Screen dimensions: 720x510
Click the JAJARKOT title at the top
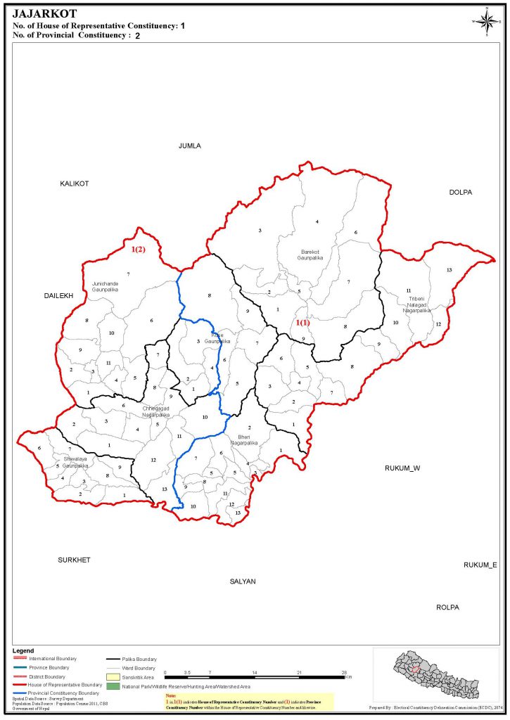click(x=45, y=13)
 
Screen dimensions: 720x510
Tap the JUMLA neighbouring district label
click(x=190, y=146)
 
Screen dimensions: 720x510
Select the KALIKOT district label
click(x=74, y=184)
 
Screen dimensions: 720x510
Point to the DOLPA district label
click(x=461, y=192)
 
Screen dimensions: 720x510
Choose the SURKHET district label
click(x=74, y=560)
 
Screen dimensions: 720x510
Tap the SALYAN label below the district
click(x=243, y=581)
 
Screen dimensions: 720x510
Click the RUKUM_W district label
click(x=402, y=468)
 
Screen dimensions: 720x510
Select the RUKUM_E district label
click(x=480, y=565)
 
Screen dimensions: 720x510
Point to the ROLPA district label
click(x=447, y=606)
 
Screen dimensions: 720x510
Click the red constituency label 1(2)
click(x=138, y=249)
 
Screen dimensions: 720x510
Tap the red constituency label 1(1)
click(x=302, y=323)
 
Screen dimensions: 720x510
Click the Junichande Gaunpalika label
click(x=105, y=286)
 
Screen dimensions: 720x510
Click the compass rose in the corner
click(x=485, y=20)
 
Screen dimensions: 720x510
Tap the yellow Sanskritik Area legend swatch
click(x=113, y=676)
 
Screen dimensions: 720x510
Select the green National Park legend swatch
click(x=113, y=686)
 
